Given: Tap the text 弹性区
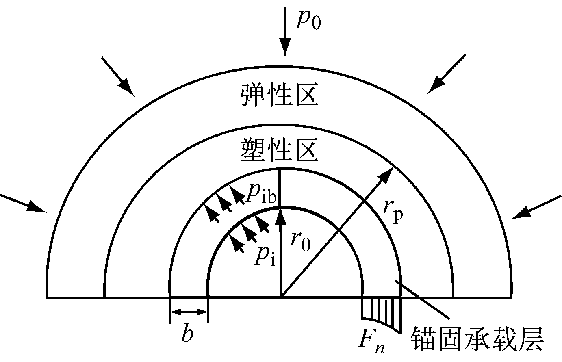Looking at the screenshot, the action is [x=280, y=95].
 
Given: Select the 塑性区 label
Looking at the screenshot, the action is [x=280, y=150].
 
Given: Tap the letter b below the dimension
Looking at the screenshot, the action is [x=188, y=333].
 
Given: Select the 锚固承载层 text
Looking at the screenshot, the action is [x=477, y=339].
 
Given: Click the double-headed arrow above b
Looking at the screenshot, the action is [x=189, y=312].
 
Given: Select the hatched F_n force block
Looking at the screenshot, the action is [x=381, y=314].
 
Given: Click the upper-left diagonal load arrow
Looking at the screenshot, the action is [x=118, y=77].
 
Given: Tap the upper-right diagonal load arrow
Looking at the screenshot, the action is [x=446, y=74].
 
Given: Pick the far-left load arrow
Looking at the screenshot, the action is [x=23, y=204].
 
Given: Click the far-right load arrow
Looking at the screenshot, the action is [x=536, y=207].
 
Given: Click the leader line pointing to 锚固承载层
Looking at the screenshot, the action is [x=422, y=300].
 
